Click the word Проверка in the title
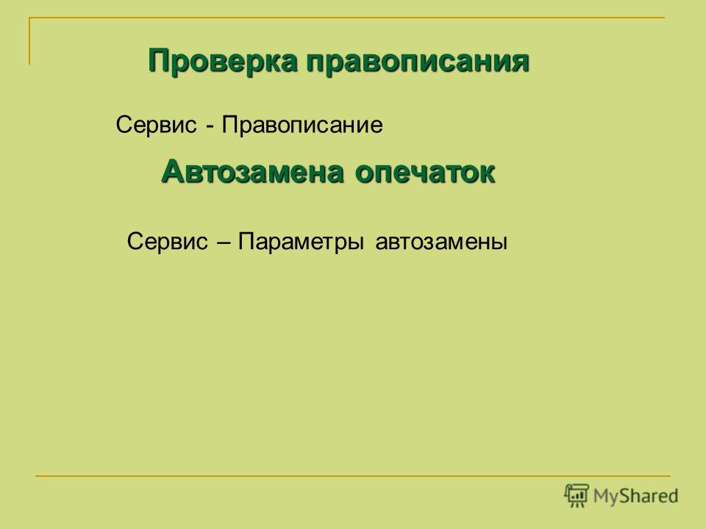point(222,61)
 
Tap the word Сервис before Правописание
point(156,125)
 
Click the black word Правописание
point(302,125)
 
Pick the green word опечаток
point(425,173)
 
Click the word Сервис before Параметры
point(168,242)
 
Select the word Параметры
point(301,242)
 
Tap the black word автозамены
point(441,242)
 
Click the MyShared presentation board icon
point(577,495)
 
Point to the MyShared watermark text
point(635,496)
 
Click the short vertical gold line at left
point(29,41)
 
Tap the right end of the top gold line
point(665,18)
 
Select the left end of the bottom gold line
point(35,475)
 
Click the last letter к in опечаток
point(487,175)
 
